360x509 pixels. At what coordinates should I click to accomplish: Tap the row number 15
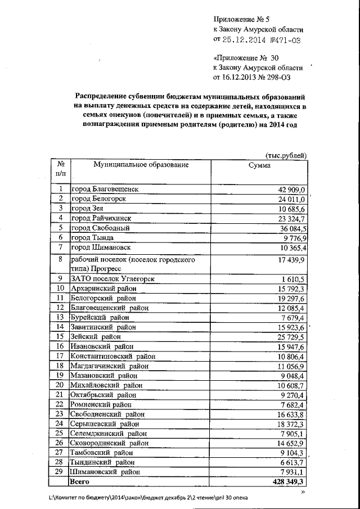pos(59,336)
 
